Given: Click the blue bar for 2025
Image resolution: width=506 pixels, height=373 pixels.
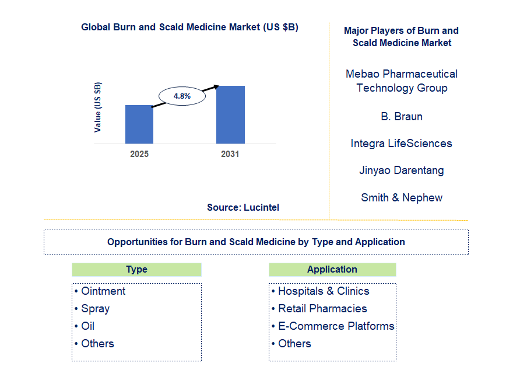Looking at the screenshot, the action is tap(139, 124).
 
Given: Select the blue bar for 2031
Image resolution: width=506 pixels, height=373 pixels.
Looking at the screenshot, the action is tap(230, 114).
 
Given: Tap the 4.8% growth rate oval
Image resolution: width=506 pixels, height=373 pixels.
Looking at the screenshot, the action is tap(182, 96).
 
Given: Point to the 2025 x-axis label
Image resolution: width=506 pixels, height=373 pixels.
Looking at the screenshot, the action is tap(139, 154).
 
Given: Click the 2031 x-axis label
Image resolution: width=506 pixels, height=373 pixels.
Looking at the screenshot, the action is tap(230, 154).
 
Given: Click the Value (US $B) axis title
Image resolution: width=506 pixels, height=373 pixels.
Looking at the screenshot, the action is tap(97, 107).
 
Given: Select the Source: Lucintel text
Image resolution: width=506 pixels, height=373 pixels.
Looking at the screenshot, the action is tap(243, 207).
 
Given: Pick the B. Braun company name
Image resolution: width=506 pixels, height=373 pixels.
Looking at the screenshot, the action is tap(402, 116).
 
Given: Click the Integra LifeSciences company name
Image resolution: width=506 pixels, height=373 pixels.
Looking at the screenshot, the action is tap(402, 144).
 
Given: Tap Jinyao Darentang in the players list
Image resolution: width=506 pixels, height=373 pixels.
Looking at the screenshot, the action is tap(402, 170).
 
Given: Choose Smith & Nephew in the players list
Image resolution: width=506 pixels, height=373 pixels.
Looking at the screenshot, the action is tap(402, 197).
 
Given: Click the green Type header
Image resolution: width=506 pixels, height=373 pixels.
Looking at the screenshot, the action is tap(136, 270).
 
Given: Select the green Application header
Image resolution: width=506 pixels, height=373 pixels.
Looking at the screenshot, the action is tap(332, 270).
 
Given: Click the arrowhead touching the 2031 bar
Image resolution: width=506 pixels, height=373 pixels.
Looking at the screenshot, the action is tap(216, 86).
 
